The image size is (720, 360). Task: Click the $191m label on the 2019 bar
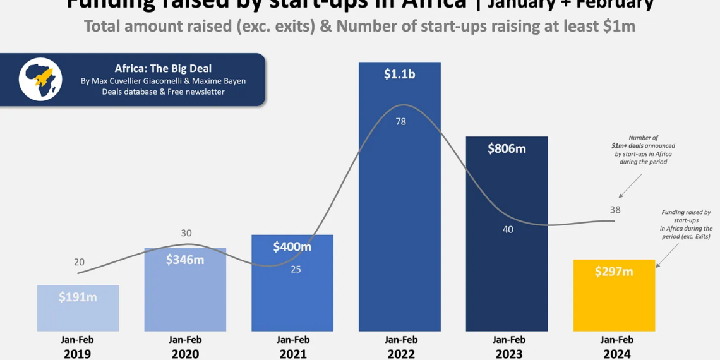78,297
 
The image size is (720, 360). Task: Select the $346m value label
185,260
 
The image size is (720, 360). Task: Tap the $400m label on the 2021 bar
292,246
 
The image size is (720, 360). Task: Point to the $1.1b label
399,74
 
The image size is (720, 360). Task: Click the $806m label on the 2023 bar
507,149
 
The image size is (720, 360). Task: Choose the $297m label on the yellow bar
614,272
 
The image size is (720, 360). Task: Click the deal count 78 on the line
400,121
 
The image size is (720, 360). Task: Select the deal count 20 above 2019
79,262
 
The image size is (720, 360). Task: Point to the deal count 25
296,269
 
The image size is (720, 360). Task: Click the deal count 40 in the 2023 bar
508,229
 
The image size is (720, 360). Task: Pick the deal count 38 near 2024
615,210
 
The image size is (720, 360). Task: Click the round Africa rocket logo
40,80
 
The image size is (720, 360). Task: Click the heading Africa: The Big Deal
163,69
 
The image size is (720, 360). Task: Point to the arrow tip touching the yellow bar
657,266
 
